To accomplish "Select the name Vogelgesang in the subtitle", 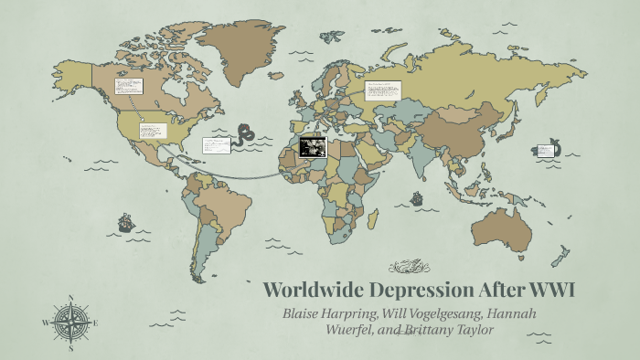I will point(432,313).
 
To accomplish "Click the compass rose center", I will point(70,322).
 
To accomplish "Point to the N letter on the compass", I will point(70,297).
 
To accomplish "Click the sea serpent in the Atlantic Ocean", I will point(245,137).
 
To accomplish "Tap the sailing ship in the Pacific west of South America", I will point(126,222).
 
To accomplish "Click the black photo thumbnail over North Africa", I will point(313,146).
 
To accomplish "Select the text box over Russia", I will point(382,90).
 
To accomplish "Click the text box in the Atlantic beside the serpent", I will point(216,144).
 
